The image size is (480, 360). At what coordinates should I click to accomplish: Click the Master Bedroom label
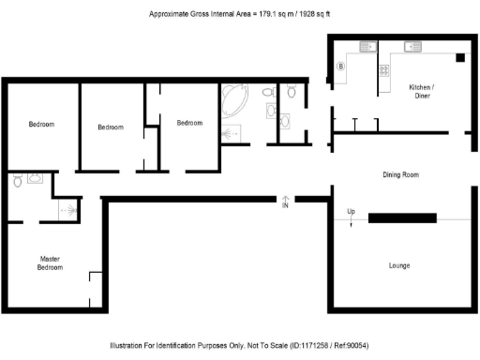pos(51,262)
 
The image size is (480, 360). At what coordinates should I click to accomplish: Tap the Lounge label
pos(399,265)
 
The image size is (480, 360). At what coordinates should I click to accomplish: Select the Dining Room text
pos(400,174)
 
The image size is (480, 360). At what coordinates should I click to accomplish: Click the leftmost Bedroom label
pos(41,125)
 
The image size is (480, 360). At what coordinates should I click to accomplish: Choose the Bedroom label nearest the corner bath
pos(190,123)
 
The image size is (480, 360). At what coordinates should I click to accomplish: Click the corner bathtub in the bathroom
pos(234,100)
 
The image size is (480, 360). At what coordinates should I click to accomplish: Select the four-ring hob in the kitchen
pos(383,70)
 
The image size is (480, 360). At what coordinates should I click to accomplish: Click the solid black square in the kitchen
pos(460,57)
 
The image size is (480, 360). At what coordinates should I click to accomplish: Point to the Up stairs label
pos(351,212)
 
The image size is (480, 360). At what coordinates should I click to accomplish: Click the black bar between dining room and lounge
pos(402,218)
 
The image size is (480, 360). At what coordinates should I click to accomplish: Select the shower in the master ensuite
pos(67,211)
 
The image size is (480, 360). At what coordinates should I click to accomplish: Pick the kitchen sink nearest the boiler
pos(366,47)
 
